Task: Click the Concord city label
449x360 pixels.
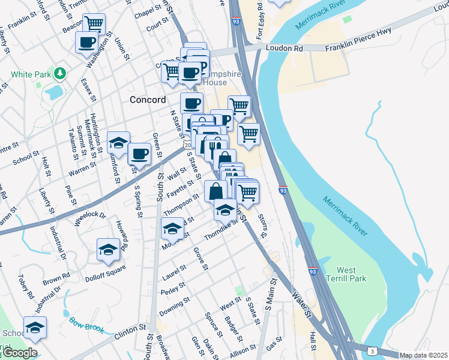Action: (x=148, y=100)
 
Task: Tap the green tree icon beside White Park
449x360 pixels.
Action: (x=59, y=74)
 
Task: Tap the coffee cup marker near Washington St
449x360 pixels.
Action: (x=86, y=42)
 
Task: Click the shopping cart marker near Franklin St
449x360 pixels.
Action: (x=94, y=24)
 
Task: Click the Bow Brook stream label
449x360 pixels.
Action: (x=86, y=325)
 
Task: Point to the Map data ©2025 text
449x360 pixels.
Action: (x=423, y=355)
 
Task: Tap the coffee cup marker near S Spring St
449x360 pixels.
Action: (x=139, y=154)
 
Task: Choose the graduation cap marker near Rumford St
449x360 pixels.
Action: (x=118, y=142)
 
